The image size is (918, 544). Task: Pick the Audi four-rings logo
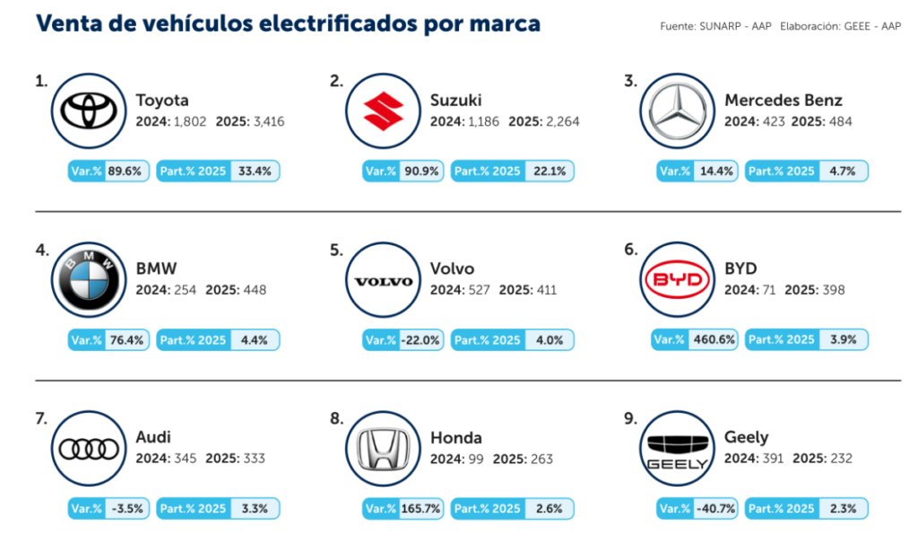[90, 449]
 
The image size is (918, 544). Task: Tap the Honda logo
[384, 449]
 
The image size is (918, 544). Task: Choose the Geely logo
[679, 449]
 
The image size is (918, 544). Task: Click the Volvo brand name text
[452, 268]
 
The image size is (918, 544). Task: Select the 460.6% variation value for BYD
[714, 339]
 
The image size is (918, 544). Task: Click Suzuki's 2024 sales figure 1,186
[485, 121]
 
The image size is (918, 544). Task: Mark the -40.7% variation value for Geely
[714, 508]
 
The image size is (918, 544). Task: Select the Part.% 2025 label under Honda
[487, 508]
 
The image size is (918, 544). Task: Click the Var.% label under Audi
[86, 508]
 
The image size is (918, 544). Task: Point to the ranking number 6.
[630, 250]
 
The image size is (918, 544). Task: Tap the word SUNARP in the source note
[720, 26]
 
